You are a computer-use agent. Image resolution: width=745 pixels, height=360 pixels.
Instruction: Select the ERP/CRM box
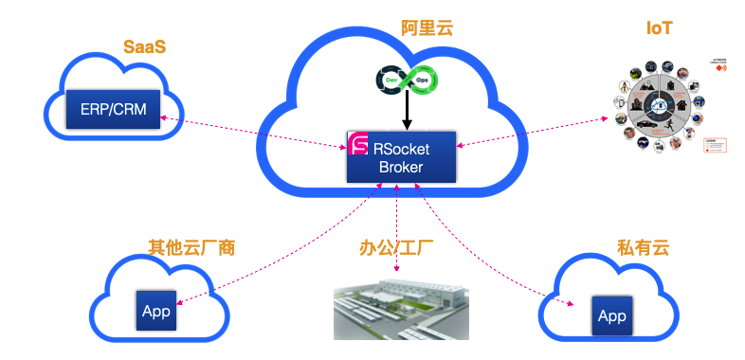[x=114, y=109]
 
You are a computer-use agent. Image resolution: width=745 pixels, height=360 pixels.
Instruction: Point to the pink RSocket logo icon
[x=358, y=145]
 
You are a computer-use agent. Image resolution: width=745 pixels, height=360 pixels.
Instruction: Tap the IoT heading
[x=660, y=28]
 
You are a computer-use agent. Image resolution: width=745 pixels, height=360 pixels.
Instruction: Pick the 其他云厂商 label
[x=191, y=249]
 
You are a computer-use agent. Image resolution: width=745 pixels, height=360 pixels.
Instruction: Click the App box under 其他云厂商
[x=155, y=311]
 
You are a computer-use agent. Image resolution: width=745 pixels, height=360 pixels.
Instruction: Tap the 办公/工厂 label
[x=396, y=249]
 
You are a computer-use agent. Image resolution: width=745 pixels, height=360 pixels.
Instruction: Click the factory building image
[x=401, y=309]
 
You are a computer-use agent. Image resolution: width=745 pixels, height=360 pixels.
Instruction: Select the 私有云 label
[x=643, y=249]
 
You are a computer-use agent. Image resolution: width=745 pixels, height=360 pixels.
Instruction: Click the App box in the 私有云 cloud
[x=612, y=315]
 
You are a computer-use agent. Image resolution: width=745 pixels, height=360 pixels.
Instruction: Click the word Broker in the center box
[x=402, y=168]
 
